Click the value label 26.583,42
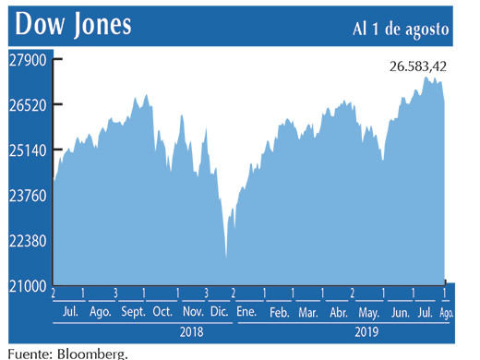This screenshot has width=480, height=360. pos(415,66)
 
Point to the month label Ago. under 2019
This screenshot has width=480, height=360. pos(445,313)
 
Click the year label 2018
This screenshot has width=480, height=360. pos(191,330)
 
